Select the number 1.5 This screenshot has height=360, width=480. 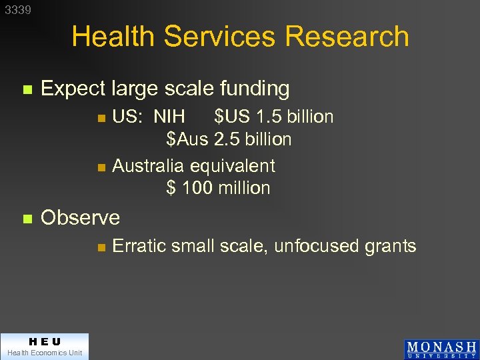pyautogui.click(x=269, y=117)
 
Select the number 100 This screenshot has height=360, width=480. pyautogui.click(x=197, y=188)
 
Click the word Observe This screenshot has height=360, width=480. pyautogui.click(x=81, y=217)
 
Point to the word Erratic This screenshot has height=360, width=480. pyautogui.click(x=139, y=246)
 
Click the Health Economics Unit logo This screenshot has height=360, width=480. pyautogui.click(x=45, y=347)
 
